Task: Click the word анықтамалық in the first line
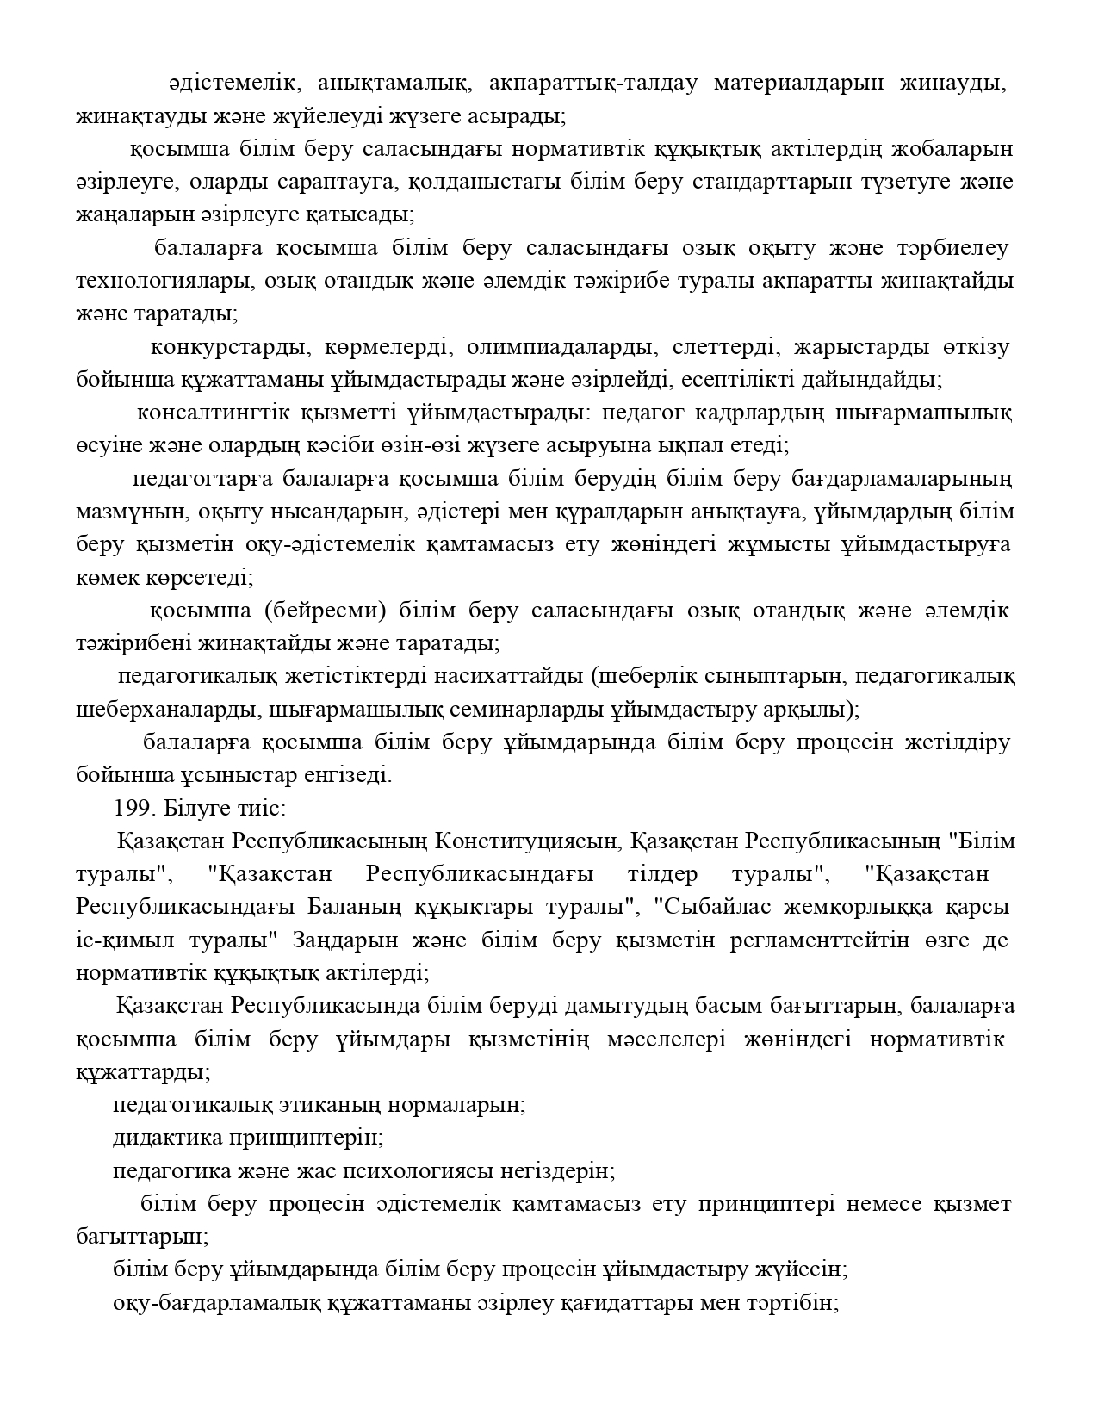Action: (x=394, y=84)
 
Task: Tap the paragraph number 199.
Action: (x=133, y=809)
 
